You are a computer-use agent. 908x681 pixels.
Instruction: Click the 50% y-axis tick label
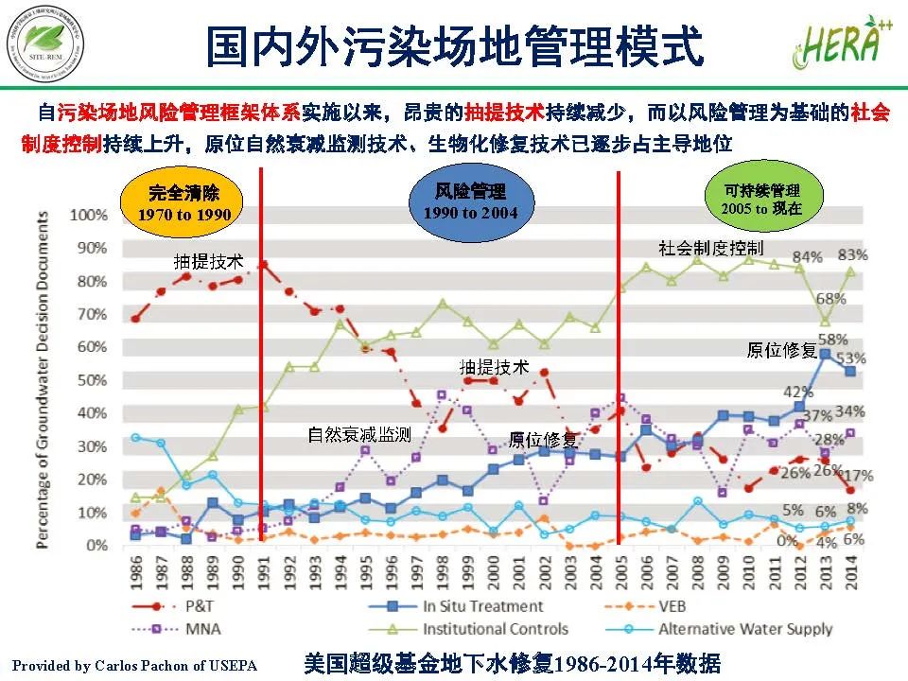pos(92,380)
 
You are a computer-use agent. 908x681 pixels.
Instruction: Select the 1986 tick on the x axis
pos(136,570)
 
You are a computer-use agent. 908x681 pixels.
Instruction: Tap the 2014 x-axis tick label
pos(850,570)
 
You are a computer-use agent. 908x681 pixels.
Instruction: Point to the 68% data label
pos(830,299)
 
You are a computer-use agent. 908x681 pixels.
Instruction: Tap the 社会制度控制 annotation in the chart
pos(710,248)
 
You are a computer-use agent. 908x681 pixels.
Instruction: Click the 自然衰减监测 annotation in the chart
pos(358,435)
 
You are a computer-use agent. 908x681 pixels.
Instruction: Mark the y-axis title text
pos(44,378)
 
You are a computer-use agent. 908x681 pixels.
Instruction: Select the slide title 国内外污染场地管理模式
pos(455,47)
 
